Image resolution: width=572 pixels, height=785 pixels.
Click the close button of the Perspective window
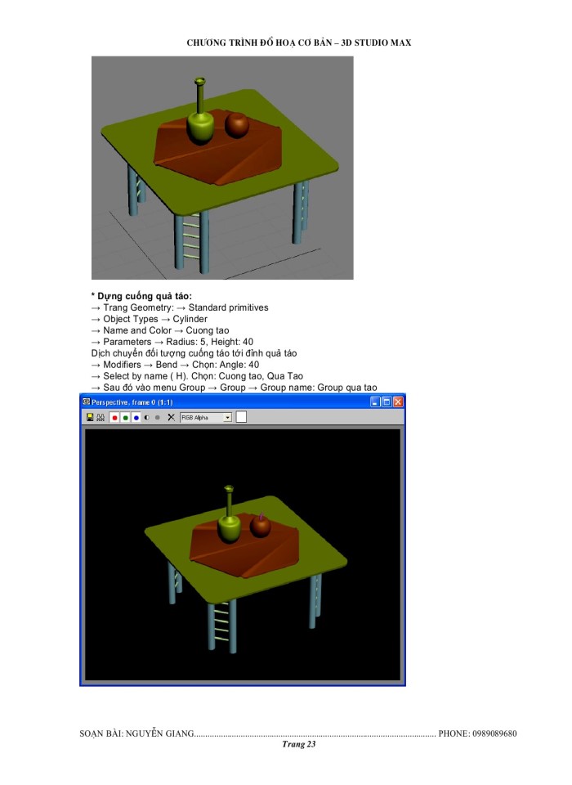398,401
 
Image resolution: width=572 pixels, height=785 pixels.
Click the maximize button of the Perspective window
387,401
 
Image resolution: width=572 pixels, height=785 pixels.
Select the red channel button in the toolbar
114,417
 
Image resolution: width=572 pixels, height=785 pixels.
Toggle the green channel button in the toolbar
125,417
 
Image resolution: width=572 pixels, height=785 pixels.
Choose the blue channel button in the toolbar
136,417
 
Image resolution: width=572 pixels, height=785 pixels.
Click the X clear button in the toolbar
171,417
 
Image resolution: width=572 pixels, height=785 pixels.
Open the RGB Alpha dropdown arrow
228,417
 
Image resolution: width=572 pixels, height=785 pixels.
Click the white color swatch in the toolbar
242,417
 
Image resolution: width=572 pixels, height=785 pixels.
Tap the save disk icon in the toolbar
89,417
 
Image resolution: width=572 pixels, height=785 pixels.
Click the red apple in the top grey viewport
237,124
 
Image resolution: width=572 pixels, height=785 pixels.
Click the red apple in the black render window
260,526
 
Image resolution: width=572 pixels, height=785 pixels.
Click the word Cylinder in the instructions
190,319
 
